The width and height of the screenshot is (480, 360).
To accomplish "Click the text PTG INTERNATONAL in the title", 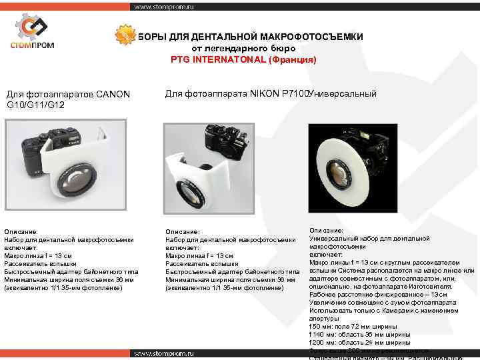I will point(218,59).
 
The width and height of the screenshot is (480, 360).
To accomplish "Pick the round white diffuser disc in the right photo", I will point(348,167).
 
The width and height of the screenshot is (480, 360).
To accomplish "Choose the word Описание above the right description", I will point(327,230).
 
